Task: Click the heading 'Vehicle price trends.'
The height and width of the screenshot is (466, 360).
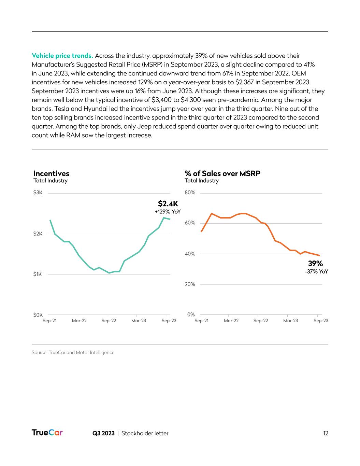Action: (x=62, y=56)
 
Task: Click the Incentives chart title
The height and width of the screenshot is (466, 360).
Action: (x=51, y=173)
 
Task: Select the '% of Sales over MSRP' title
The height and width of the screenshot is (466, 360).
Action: (x=222, y=173)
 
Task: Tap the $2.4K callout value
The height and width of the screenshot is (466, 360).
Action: (x=168, y=204)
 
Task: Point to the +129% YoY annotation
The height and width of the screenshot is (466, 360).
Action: (x=168, y=212)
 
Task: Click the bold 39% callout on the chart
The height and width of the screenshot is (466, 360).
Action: (x=315, y=263)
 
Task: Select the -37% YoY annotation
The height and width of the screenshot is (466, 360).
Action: (x=316, y=272)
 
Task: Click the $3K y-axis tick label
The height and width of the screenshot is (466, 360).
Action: (x=38, y=193)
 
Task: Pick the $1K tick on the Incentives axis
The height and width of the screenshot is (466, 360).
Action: (x=38, y=274)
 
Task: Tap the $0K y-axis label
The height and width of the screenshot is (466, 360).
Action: (x=38, y=314)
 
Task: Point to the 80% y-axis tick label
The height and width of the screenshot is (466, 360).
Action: (x=190, y=193)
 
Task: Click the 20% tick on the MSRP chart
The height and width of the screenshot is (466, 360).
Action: (x=190, y=284)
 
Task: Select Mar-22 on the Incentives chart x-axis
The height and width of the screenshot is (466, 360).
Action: (x=79, y=321)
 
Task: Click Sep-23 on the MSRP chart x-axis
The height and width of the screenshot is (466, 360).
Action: (x=321, y=321)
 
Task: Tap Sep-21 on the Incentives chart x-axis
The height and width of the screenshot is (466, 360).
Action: (x=49, y=321)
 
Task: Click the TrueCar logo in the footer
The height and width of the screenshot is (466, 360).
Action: (x=47, y=433)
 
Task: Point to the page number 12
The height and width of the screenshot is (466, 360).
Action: (x=326, y=433)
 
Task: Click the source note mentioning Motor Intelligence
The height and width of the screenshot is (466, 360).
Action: (x=73, y=352)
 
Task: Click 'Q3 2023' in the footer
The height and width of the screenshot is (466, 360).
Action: (x=103, y=433)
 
